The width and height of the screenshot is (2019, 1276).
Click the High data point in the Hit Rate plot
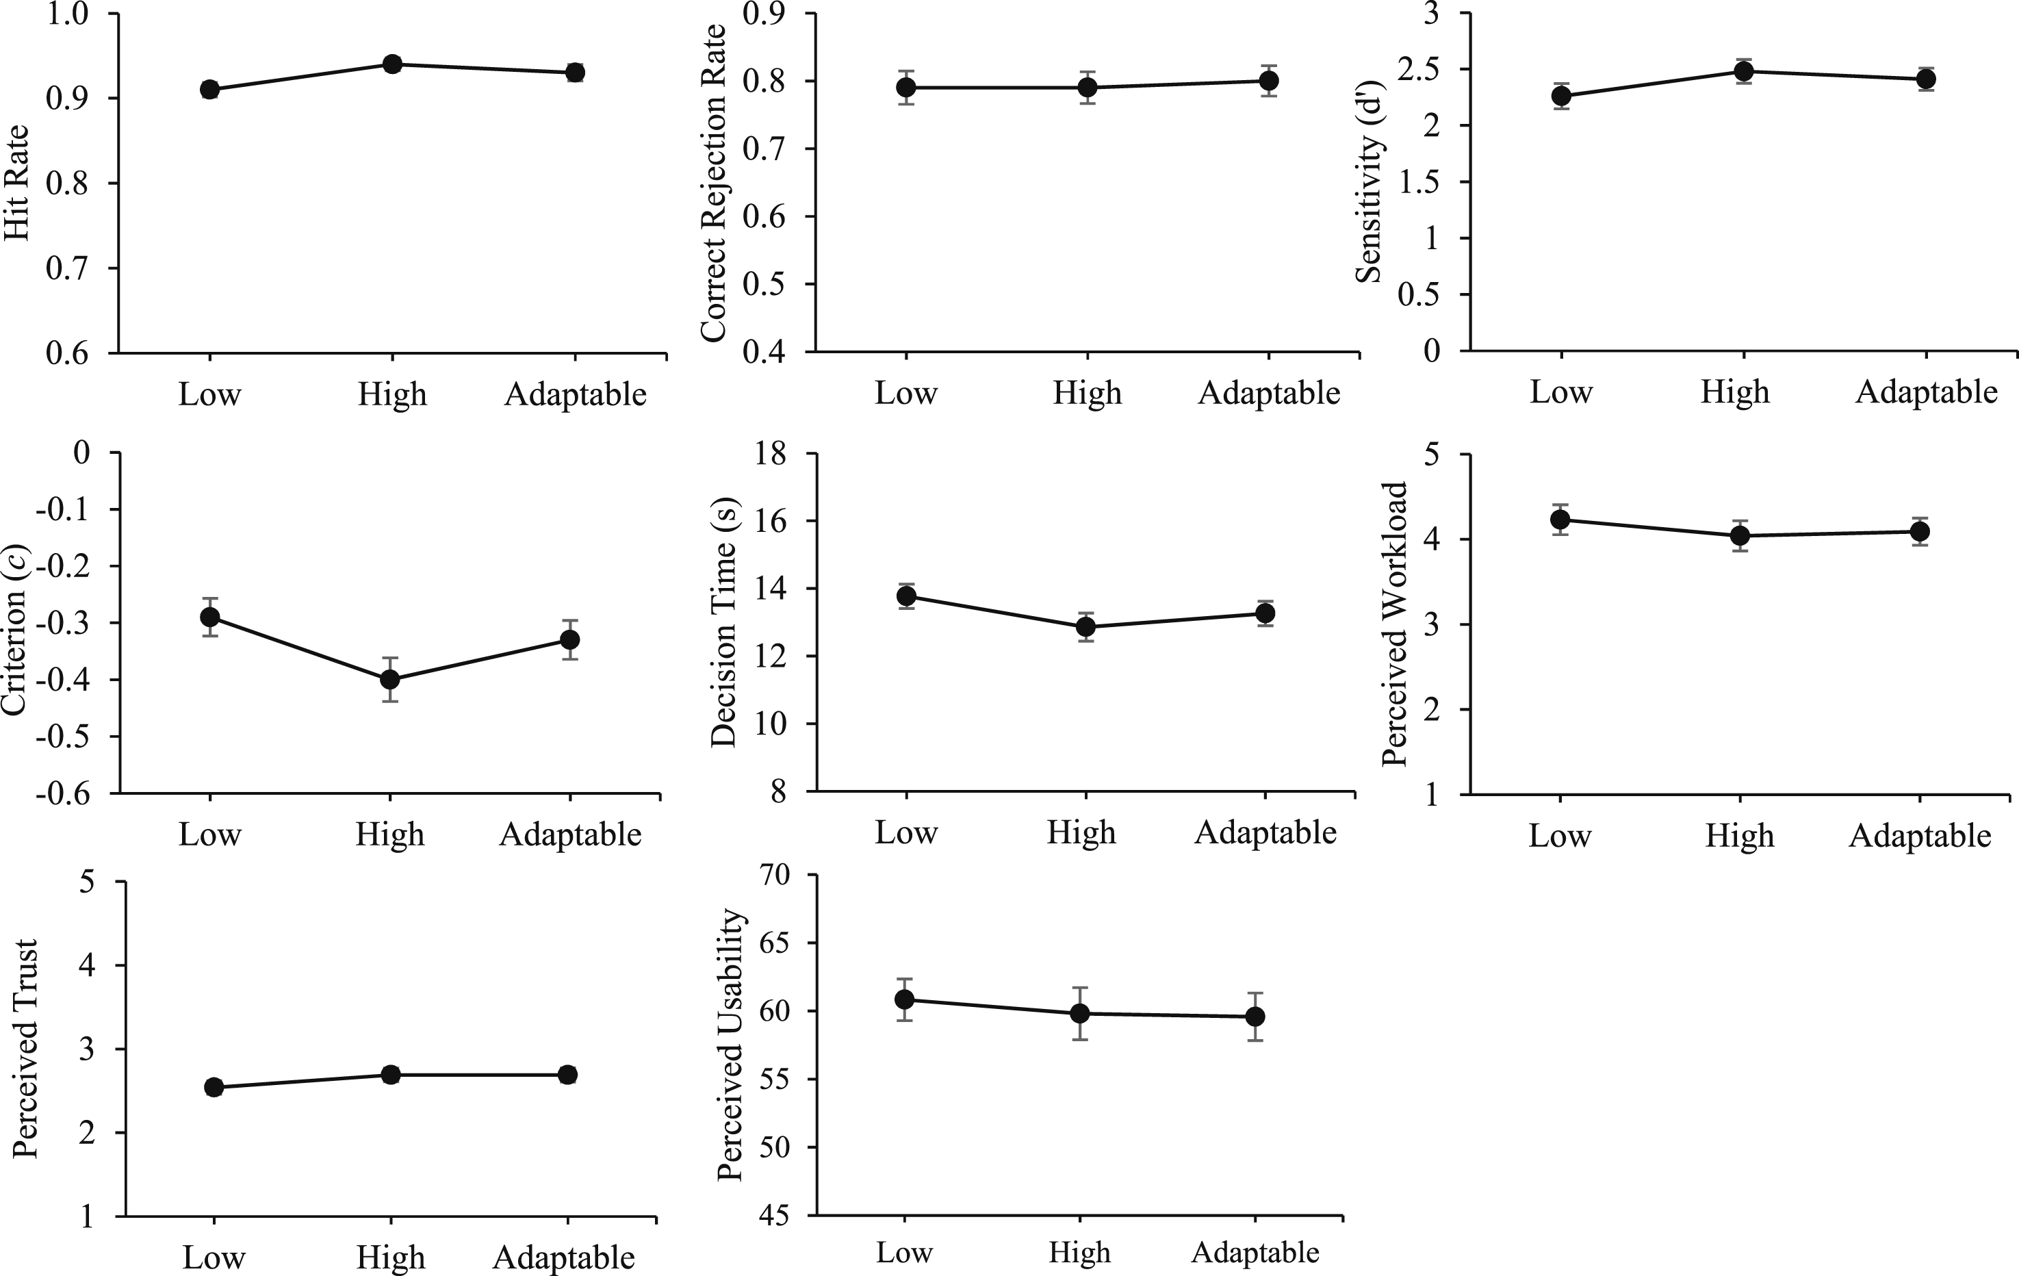point(392,64)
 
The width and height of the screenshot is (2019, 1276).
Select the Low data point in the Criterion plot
point(209,617)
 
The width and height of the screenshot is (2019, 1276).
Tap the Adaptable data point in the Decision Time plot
point(1265,613)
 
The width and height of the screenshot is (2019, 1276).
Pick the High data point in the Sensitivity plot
point(1743,71)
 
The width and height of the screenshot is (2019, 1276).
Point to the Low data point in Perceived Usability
point(904,999)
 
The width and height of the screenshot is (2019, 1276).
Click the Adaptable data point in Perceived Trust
point(567,1075)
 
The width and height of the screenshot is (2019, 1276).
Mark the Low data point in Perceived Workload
point(1560,519)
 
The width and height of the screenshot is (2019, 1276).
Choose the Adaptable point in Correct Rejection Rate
point(1269,81)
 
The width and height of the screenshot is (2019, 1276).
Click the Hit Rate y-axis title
point(17,183)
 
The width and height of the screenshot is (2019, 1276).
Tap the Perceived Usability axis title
point(731,1045)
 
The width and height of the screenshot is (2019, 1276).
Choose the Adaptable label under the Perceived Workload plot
point(1920,836)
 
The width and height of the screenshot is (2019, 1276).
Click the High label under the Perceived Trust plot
point(391,1258)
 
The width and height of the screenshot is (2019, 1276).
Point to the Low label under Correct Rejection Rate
point(905,392)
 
